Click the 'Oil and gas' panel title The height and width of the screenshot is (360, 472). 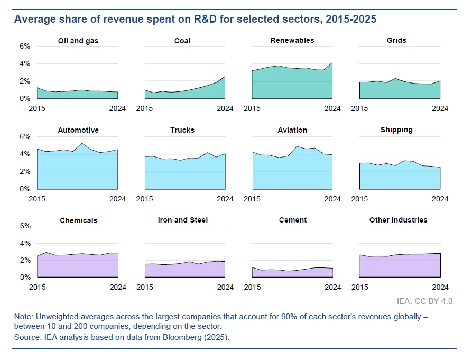pos(78,41)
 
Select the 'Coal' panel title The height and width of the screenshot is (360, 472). pos(182,41)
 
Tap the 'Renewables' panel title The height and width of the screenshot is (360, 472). pos(292,40)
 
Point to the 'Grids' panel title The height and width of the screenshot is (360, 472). pos(400,40)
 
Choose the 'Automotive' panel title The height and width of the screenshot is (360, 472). pos(78,130)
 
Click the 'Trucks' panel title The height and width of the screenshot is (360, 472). pos(182,130)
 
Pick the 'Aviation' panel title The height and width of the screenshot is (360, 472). pos(292,130)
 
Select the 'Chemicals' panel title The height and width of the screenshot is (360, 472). pos(78,220)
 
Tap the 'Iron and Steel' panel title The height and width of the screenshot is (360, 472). pos(182,220)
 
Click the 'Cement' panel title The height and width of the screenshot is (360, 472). pos(292,220)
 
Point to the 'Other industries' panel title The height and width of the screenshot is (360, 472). pos(399,220)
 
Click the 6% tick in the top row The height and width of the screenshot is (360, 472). pos(25,47)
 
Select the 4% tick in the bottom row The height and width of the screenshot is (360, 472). pos(25,244)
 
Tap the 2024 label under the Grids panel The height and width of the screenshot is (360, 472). pos(440,108)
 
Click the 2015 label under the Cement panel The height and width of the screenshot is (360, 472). pos(253,287)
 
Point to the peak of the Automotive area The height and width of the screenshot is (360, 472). pos(81,144)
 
